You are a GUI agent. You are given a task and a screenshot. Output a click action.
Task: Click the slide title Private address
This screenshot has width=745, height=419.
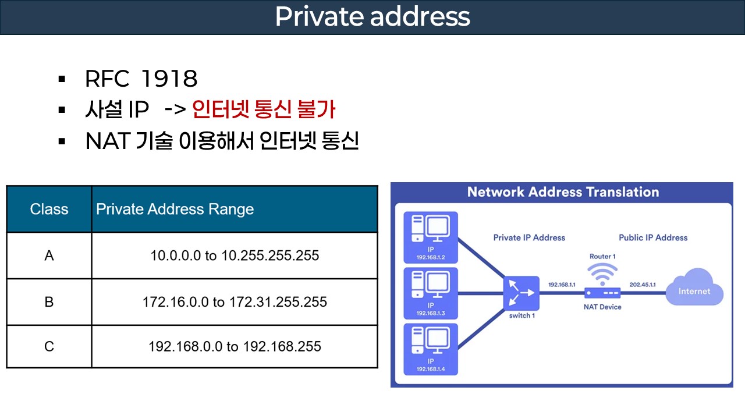372,17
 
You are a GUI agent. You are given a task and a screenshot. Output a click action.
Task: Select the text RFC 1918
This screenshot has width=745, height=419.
141,79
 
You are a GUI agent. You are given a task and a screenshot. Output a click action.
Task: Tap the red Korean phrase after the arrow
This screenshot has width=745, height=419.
264,111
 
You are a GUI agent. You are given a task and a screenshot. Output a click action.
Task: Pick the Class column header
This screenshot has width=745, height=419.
49,210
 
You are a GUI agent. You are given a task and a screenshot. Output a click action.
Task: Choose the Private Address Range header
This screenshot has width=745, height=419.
175,210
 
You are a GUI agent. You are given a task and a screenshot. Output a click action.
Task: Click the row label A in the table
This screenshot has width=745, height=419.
49,255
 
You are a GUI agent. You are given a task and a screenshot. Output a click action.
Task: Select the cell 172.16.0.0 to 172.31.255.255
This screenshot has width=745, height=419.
235,302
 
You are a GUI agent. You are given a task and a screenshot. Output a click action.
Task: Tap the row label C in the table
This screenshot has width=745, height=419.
49,347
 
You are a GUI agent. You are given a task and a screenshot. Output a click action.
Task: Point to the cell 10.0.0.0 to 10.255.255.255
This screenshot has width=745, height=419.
235,255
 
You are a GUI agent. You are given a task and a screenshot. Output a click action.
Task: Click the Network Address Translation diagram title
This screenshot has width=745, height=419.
563,192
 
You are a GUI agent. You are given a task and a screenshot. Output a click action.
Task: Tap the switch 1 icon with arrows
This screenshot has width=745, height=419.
521,293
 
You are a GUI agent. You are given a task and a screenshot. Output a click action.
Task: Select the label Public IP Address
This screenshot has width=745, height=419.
653,237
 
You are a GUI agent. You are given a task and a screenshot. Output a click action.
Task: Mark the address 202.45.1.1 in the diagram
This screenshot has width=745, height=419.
643,285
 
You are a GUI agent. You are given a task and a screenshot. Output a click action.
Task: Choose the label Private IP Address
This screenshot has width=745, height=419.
529,237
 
